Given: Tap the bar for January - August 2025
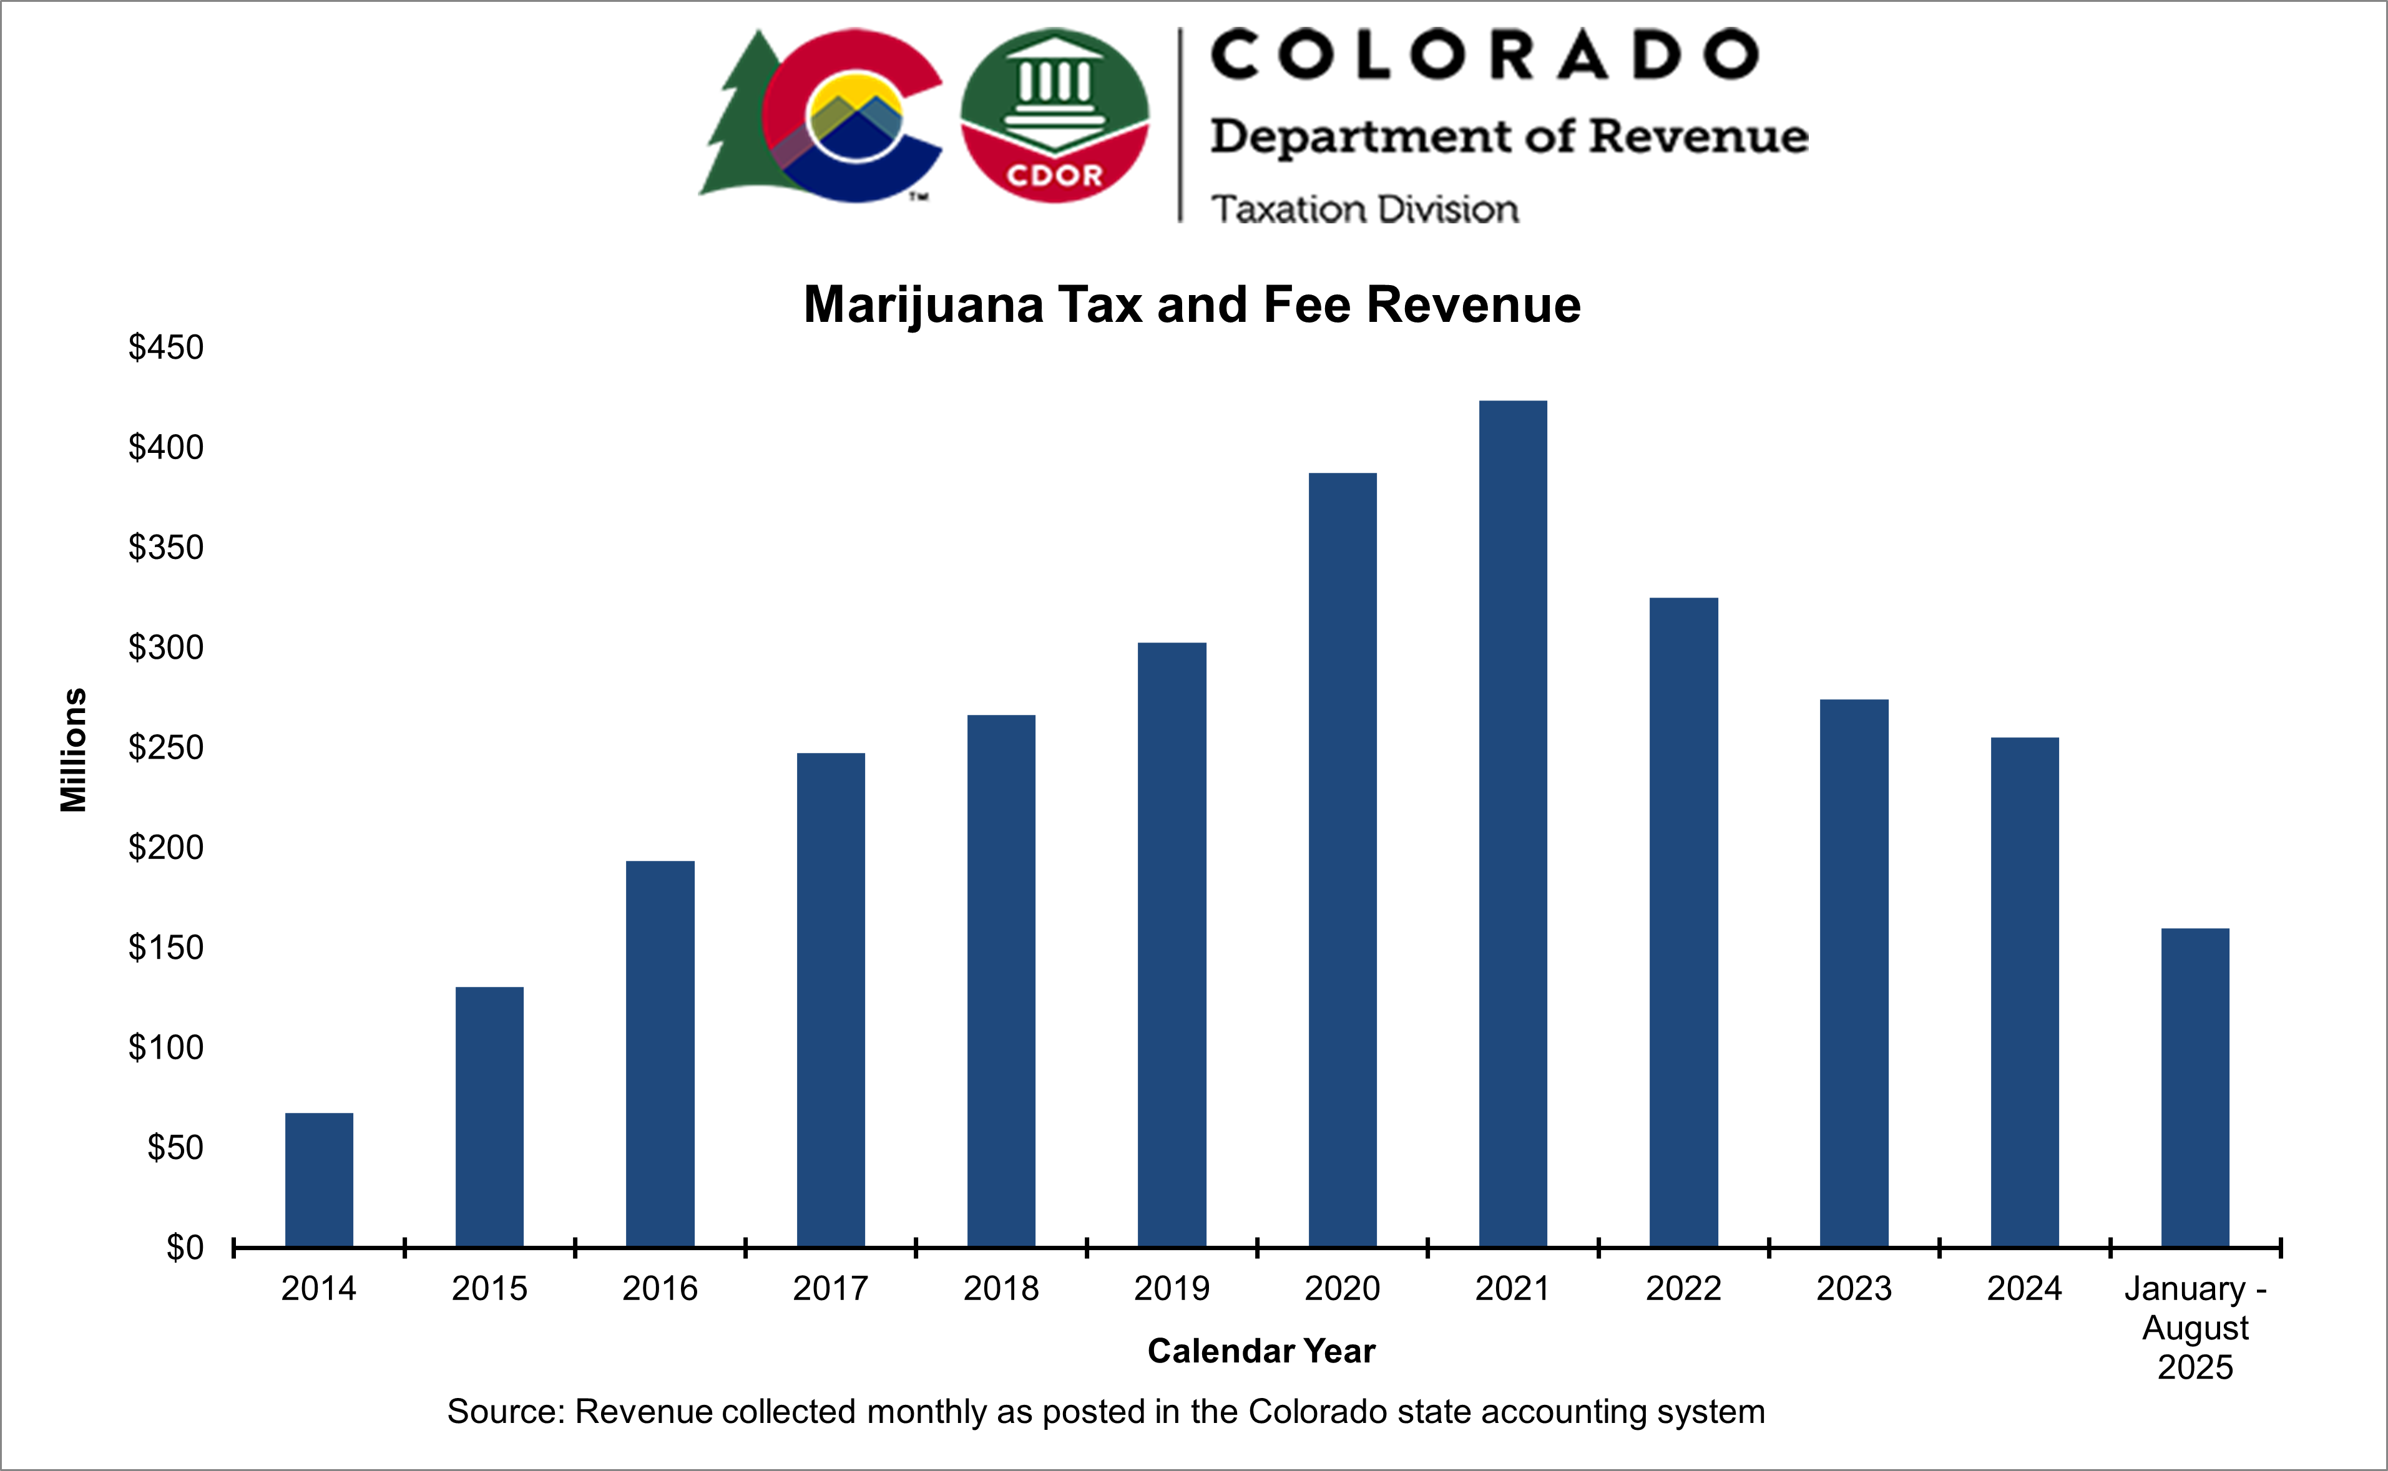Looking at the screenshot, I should (2195, 1088).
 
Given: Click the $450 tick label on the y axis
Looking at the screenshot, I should (167, 347).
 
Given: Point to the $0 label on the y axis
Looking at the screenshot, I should (185, 1246).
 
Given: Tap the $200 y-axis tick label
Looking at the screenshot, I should (167, 847).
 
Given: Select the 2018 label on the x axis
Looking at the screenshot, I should (1001, 1288).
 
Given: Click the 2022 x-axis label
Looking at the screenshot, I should (1683, 1288).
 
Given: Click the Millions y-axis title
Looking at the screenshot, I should (74, 749).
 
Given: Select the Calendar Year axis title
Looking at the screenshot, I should (1261, 1351).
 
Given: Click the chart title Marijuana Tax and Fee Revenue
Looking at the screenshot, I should (1192, 304).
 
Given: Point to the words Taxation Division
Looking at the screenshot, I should (1364, 209).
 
